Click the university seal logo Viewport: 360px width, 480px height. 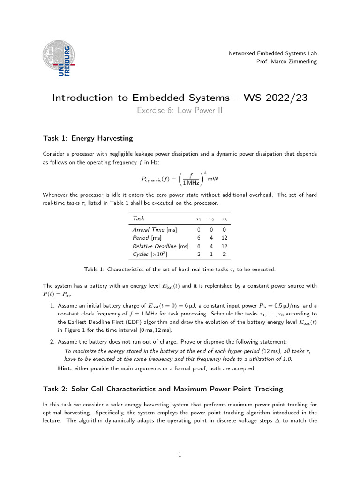click(59, 59)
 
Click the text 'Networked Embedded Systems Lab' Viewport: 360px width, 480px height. click(272, 53)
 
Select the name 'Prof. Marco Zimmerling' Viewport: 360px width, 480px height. click(286, 62)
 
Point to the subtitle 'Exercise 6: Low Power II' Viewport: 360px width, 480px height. click(180, 110)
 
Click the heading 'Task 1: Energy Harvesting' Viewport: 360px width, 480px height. click(88, 138)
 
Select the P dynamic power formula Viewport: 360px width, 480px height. click(180, 179)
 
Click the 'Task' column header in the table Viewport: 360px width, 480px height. click(139, 218)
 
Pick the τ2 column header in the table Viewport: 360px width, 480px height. click(211, 219)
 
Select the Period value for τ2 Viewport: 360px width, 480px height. click(211, 238)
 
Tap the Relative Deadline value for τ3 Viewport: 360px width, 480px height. click(225, 246)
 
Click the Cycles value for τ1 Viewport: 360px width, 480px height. click(198, 254)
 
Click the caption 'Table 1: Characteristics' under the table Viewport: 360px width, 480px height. click(180, 270)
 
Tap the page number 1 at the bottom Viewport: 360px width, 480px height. click(180, 454)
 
